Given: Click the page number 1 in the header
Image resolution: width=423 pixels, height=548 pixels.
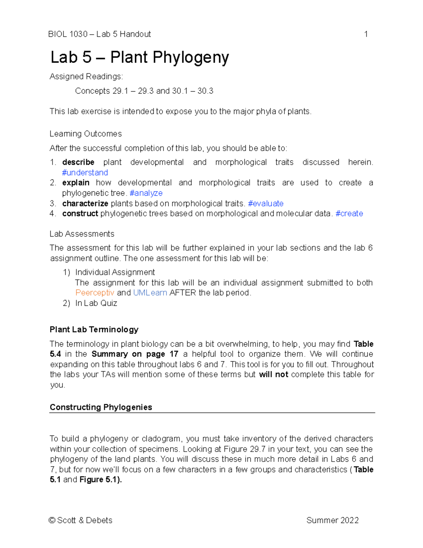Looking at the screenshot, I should [366, 34].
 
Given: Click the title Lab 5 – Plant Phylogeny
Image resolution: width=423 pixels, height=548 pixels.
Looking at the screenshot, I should [140, 57].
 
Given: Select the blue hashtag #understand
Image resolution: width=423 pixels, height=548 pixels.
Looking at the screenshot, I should [85, 173].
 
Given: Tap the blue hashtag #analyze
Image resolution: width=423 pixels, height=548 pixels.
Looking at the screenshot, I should [146, 193].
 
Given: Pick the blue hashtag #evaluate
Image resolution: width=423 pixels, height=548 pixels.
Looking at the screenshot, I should [265, 204].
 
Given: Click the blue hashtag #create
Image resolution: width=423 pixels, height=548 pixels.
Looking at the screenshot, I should [349, 213].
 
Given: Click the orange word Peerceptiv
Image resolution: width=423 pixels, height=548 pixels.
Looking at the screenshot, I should [94, 293].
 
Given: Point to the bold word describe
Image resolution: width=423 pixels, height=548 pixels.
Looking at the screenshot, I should [78, 162].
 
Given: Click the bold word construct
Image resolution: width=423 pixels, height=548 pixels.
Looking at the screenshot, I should [80, 213].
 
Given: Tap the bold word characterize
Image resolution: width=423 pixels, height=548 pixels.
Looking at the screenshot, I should [85, 204].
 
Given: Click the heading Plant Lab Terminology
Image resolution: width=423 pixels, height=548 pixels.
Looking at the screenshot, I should [94, 330].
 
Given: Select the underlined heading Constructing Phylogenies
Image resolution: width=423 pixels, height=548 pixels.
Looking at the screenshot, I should [101, 407].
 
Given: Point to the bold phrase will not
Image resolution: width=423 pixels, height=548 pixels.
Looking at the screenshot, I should [273, 374].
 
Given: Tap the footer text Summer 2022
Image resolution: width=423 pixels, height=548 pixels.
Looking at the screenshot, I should [332, 520].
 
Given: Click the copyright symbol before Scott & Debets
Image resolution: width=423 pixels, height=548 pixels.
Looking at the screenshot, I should [52, 520].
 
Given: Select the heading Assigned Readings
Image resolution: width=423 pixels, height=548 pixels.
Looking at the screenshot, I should [86, 77].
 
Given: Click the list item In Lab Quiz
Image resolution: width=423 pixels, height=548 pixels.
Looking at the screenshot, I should [96, 303].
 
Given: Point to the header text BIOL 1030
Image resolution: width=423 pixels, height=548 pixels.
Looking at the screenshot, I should [68, 34].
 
